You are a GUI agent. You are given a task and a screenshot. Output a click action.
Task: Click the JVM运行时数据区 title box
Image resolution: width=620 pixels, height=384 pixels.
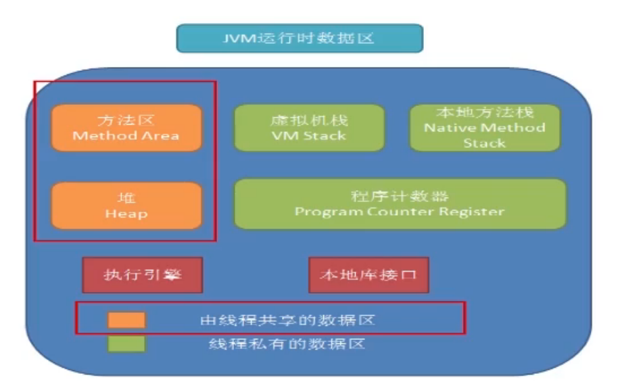[300, 38]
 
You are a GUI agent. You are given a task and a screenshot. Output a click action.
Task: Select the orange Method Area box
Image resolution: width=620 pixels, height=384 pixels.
[126, 128]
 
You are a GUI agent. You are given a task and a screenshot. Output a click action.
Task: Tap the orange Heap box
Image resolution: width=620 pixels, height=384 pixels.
[126, 206]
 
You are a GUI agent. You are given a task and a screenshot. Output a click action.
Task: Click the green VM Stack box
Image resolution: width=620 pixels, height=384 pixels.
[309, 128]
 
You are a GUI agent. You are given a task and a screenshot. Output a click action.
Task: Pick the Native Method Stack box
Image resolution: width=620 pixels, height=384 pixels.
[485, 128]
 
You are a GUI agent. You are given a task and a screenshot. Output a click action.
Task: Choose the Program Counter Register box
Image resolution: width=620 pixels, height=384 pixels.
[400, 204]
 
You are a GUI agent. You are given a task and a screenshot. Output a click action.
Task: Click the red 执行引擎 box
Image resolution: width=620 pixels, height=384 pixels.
[143, 275]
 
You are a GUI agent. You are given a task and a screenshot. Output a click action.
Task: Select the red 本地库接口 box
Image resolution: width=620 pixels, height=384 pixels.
[368, 275]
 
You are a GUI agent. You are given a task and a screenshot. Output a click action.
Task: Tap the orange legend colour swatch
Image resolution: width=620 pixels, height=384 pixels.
[126, 320]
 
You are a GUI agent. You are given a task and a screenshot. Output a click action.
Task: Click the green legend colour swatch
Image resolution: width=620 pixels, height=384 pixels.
[126, 343]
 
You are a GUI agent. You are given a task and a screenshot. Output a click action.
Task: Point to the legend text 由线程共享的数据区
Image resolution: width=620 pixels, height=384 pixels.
[287, 320]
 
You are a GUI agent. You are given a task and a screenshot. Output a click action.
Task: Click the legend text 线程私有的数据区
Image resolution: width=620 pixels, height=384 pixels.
[287, 343]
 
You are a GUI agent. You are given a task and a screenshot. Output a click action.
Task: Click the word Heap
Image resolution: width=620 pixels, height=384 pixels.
[126, 214]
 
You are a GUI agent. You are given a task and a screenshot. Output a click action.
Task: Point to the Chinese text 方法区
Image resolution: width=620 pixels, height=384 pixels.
[126, 120]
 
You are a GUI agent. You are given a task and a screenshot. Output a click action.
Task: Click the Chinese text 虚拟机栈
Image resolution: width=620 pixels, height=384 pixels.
[309, 120]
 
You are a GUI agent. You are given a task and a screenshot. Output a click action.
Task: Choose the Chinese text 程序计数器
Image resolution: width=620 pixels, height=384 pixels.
[400, 196]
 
